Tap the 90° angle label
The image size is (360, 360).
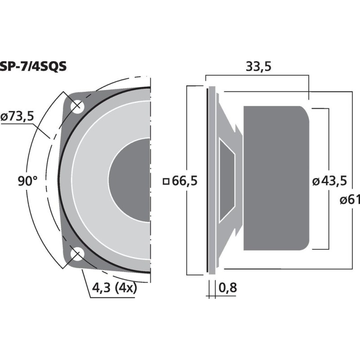pyautogui.click(x=28, y=181)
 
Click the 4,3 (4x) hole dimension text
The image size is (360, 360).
pyautogui.click(x=113, y=288)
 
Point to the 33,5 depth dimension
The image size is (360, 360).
pyautogui.click(x=258, y=67)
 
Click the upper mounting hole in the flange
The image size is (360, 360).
pyautogui.click(x=77, y=106)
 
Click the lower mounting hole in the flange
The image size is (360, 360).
pyautogui.click(x=76, y=255)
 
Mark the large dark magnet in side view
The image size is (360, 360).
pyautogui.click(x=276, y=178)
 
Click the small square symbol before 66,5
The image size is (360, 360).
pyautogui.click(x=166, y=182)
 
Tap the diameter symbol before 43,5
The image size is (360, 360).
pyautogui.click(x=316, y=182)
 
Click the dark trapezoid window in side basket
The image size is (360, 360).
pyautogui.click(x=226, y=180)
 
